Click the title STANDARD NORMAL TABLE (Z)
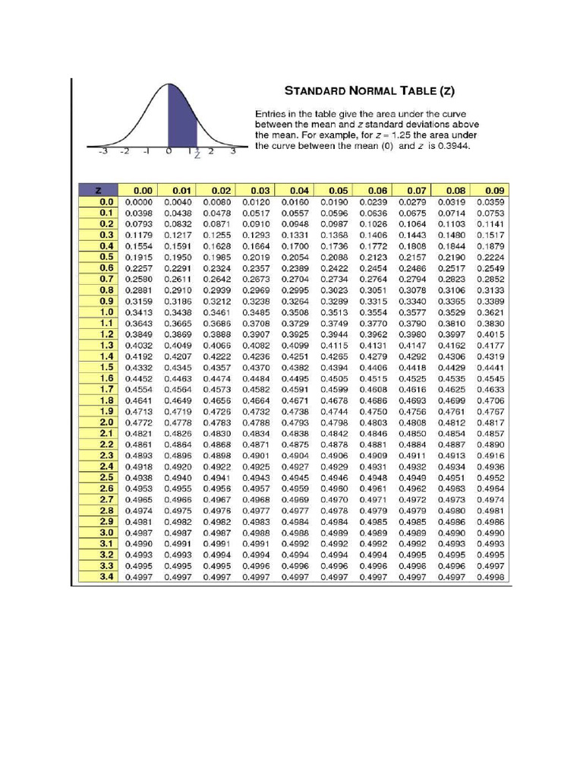(370, 91)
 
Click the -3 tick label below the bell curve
(103, 151)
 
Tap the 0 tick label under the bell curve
(168, 151)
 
